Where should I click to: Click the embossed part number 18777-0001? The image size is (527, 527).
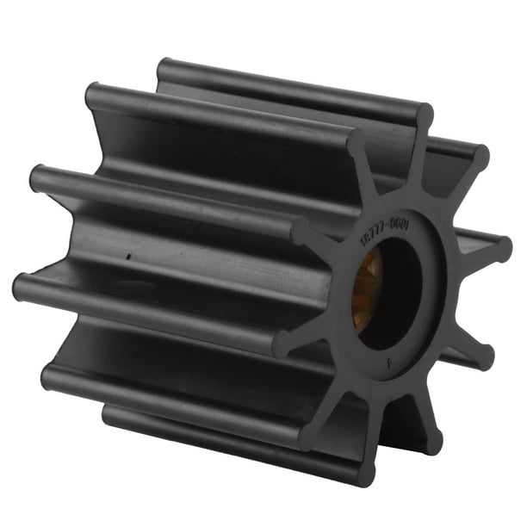(x=385, y=233)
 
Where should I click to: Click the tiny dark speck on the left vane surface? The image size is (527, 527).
(x=127, y=256)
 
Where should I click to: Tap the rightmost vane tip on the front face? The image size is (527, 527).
(x=501, y=249)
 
